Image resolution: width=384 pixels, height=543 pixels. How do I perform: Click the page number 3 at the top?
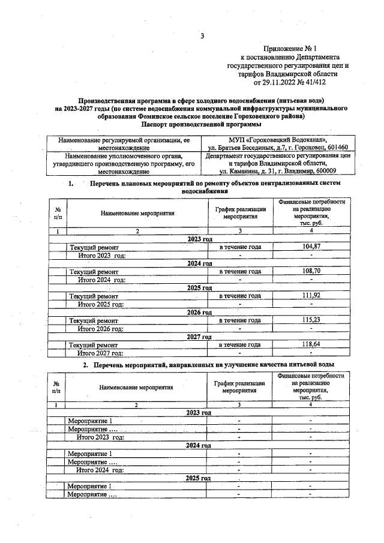(x=203, y=36)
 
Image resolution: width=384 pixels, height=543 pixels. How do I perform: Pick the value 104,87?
(x=311, y=247)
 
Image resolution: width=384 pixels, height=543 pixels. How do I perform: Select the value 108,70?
(x=311, y=271)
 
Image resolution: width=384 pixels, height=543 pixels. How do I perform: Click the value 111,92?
(x=311, y=296)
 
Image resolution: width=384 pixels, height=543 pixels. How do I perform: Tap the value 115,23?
(x=311, y=320)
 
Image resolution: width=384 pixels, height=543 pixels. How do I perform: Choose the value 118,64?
(x=311, y=344)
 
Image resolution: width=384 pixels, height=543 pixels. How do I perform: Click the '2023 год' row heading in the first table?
(x=200, y=239)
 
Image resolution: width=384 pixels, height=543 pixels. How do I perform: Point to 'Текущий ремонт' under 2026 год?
(x=94, y=320)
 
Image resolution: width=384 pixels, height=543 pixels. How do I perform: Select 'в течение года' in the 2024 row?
(x=239, y=271)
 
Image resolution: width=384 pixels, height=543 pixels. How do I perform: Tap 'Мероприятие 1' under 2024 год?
(x=90, y=453)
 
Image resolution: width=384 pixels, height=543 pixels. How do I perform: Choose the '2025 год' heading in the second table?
(x=199, y=478)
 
